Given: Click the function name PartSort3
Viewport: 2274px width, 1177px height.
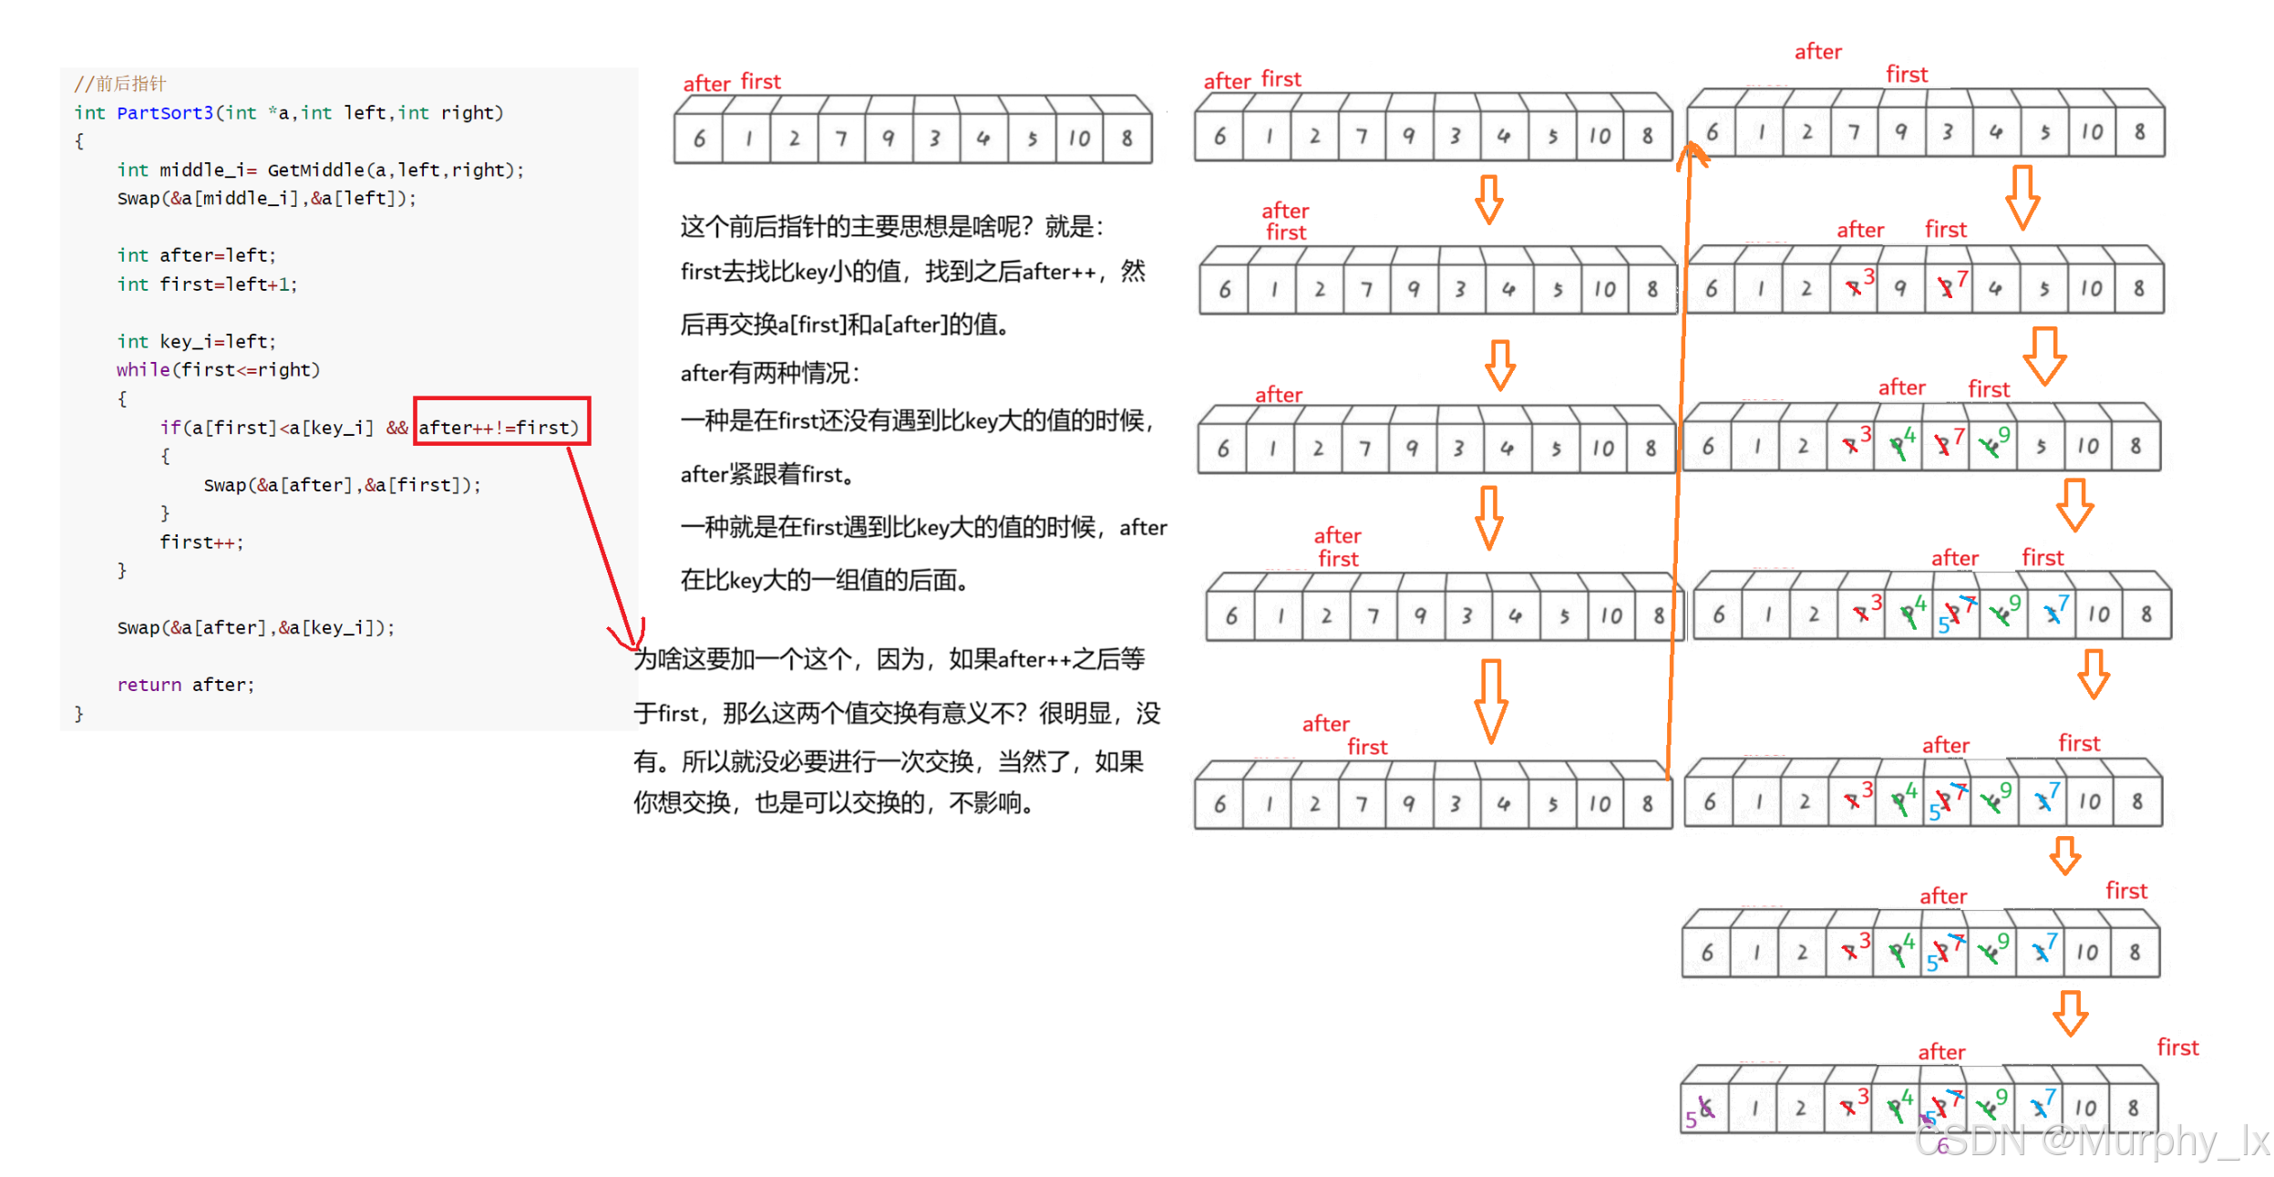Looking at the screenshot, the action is pos(164,113).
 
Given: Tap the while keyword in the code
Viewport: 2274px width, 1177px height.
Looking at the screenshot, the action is pos(142,370).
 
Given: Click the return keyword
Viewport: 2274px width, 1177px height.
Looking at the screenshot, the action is pos(149,685).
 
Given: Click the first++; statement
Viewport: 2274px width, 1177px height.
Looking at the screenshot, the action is pos(201,542).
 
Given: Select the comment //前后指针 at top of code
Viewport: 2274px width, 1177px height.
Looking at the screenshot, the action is pos(120,84).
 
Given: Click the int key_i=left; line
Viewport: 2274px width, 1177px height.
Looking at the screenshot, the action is pos(196,342).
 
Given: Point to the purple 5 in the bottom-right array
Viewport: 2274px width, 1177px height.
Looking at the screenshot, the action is pos(1691,1119).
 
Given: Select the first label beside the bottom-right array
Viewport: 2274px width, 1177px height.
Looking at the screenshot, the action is pos(2177,1048).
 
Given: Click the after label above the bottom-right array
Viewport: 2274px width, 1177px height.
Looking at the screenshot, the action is pos(1941,1052).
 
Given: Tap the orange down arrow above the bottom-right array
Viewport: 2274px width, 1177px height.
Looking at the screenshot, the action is pos(2070,1013).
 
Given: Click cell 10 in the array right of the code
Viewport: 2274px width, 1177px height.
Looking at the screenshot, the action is pos(1079,139).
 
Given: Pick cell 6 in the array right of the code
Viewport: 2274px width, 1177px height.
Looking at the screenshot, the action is pos(699,139).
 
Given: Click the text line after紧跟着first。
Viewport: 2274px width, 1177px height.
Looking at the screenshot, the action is pos(767,474).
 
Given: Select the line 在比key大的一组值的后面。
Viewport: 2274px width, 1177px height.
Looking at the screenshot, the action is pos(824,580).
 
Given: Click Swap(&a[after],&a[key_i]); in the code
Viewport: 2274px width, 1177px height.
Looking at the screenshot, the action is pos(255,628).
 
